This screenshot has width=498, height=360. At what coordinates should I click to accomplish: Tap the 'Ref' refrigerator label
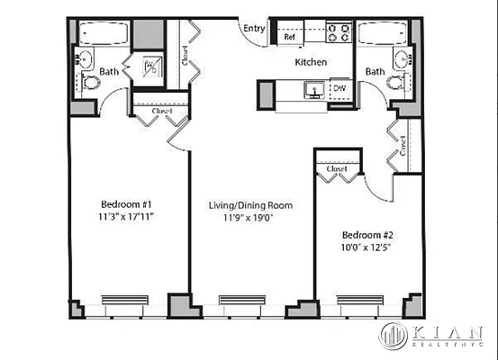pos(290,38)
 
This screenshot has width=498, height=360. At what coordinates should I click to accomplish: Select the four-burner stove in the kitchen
pos(340,32)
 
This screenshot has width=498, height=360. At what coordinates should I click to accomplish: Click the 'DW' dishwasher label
pos(340,88)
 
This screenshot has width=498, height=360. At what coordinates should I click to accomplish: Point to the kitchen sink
pos(314,88)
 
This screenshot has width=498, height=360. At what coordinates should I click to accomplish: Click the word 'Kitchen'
pos(311,62)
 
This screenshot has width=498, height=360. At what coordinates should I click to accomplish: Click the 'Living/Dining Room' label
pos(251,205)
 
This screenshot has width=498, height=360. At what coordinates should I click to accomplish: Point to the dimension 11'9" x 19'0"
pos(251,218)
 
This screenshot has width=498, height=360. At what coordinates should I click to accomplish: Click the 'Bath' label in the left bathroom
pos(110,71)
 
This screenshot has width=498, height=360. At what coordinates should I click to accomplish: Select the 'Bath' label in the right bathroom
pos(375,70)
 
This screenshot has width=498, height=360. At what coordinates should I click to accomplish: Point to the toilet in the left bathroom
pos(91,84)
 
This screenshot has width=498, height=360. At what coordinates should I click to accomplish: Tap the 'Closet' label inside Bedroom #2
pos(337,168)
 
